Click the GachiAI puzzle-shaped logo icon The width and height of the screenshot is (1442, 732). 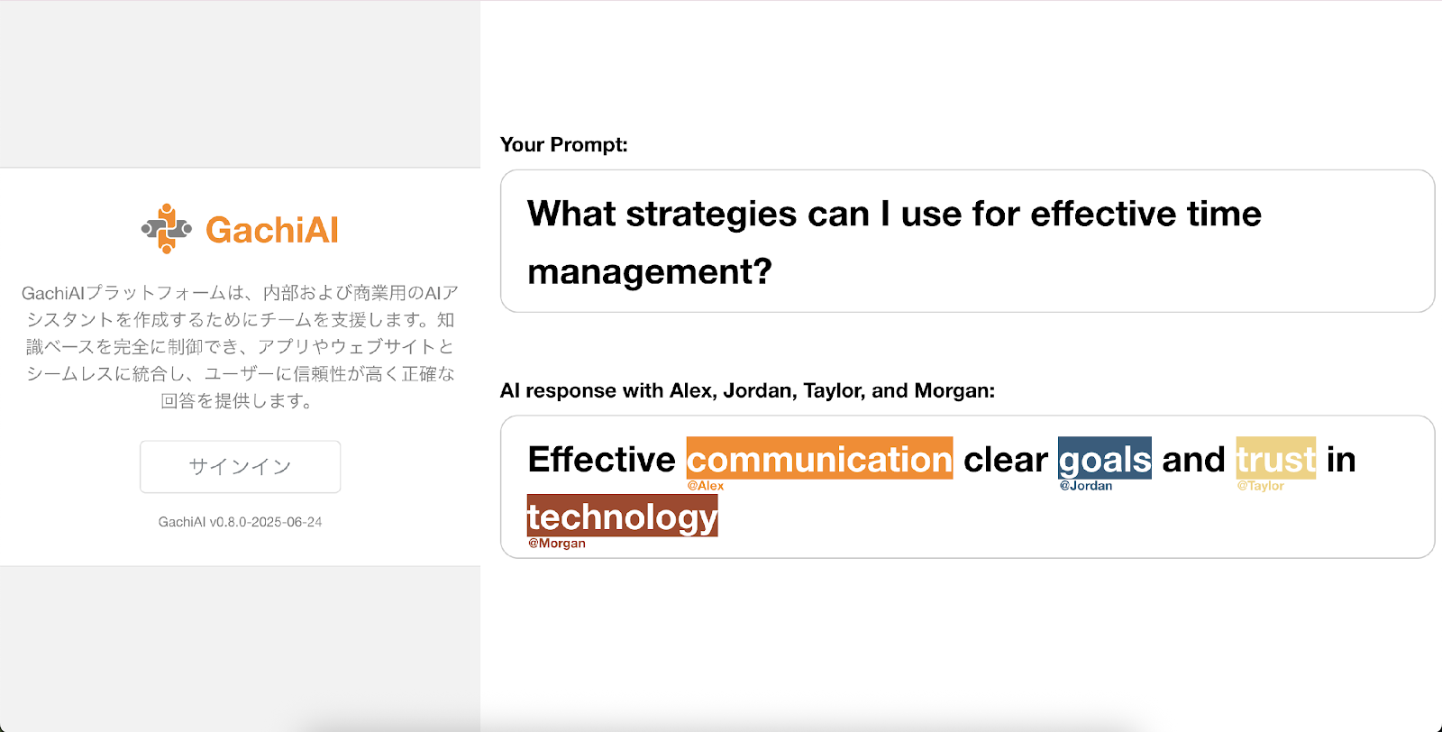tap(167, 229)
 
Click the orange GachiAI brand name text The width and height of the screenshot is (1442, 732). tap(271, 230)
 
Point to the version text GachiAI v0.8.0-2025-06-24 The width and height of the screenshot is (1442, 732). tap(240, 522)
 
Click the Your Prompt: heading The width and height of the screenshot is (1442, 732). tap(563, 145)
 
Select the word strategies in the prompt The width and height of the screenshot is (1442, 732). tap(711, 215)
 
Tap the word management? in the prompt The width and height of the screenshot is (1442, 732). tap(650, 271)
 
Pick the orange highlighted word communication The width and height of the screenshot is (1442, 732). tap(819, 458)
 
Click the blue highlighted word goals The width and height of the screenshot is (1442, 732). tap(1105, 458)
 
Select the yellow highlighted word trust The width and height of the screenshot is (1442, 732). tap(1276, 458)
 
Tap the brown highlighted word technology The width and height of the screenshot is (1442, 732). tap(623, 516)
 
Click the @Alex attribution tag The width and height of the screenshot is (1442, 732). tap(706, 486)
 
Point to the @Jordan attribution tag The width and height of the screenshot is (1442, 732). tap(1086, 486)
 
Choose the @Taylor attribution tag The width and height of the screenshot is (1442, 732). tap(1261, 486)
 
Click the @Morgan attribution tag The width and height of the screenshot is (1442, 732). tap(557, 544)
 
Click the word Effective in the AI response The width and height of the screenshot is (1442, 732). tap(601, 459)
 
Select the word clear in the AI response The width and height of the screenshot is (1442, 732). tap(1006, 459)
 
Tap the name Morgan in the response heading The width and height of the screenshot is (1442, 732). tap(954, 390)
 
